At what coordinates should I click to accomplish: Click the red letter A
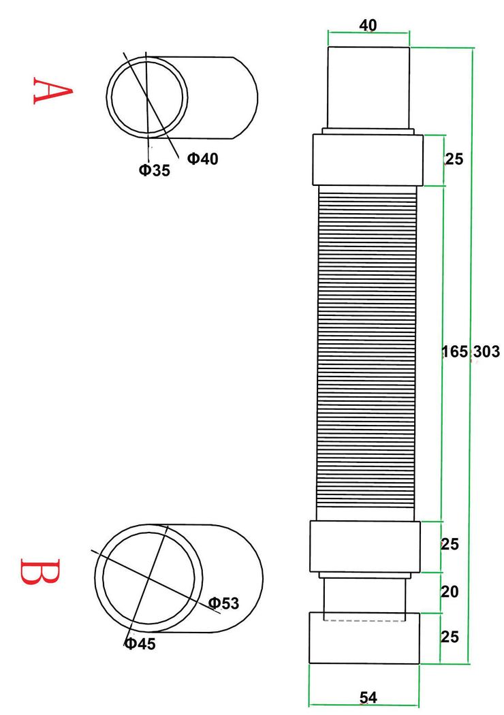pyautogui.click(x=52, y=91)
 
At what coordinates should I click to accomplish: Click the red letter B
pyautogui.click(x=40, y=571)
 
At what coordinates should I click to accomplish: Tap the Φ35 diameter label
pyautogui.click(x=154, y=170)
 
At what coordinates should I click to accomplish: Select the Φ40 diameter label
pyautogui.click(x=202, y=159)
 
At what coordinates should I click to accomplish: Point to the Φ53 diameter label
pyautogui.click(x=223, y=603)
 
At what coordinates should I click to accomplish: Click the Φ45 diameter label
pyautogui.click(x=140, y=643)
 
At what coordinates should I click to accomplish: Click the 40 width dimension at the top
pyautogui.click(x=368, y=25)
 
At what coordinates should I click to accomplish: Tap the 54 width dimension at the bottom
pyautogui.click(x=368, y=697)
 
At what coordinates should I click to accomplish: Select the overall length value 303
pyautogui.click(x=486, y=351)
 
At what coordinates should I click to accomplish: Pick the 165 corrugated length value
pyautogui.click(x=455, y=351)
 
